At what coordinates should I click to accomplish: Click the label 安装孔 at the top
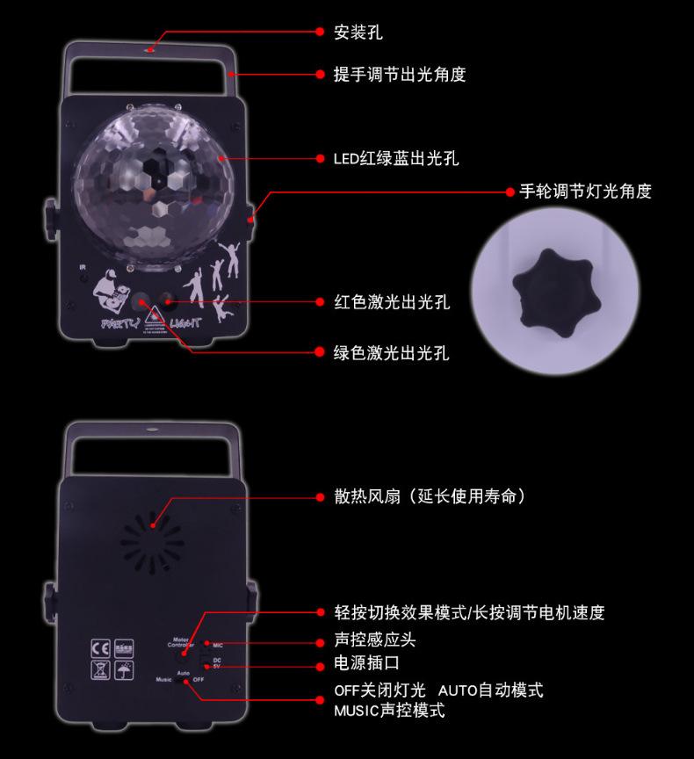click(358, 33)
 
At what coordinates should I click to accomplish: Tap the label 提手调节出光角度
click(400, 75)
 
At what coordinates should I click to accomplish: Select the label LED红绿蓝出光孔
click(396, 159)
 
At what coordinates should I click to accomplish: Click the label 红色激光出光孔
click(392, 302)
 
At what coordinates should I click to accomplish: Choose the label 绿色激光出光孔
click(392, 353)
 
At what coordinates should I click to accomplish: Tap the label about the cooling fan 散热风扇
click(430, 497)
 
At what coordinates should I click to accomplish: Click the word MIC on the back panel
click(217, 645)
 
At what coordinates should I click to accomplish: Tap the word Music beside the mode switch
click(163, 679)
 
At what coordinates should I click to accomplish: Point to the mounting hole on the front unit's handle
click(151, 49)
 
